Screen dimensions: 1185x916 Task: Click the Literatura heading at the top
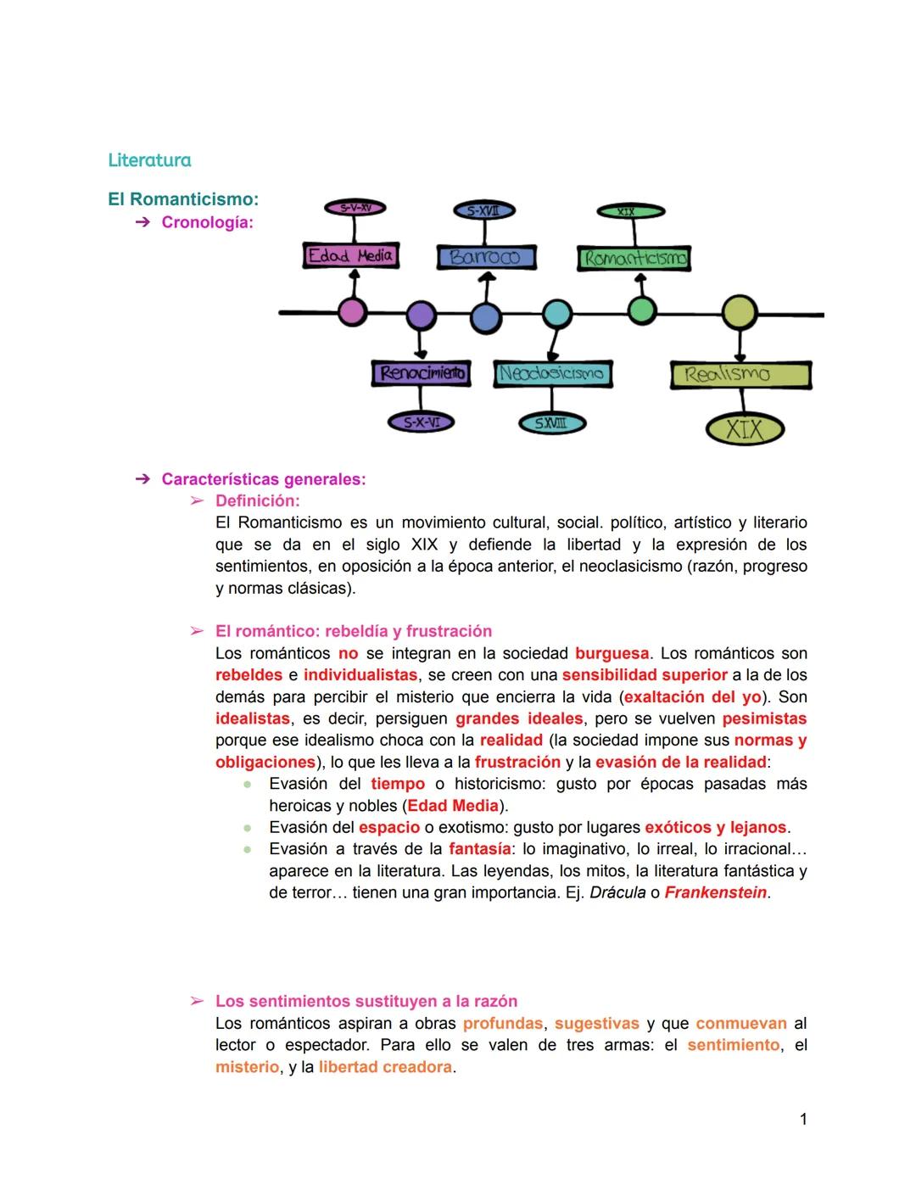(149, 159)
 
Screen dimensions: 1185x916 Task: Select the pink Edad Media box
(350, 255)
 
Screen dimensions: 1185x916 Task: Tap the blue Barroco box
(486, 257)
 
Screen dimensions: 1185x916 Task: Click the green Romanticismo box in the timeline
(634, 258)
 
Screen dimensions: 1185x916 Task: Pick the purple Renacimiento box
(421, 373)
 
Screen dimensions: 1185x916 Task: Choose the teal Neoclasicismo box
(552, 373)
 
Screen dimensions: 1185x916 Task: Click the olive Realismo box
(740, 374)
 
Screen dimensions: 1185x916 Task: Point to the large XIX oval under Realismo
(744, 428)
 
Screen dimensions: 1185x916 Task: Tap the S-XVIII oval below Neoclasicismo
(551, 422)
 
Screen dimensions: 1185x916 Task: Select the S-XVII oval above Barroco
(484, 210)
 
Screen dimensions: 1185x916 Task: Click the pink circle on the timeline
(353, 312)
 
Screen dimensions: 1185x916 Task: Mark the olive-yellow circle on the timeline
(740, 312)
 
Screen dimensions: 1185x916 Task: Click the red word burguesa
(612, 653)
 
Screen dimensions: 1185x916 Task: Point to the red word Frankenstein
(715, 892)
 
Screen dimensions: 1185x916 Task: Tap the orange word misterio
(247, 1067)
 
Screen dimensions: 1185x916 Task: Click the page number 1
(803, 1120)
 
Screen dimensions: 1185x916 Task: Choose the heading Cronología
(207, 222)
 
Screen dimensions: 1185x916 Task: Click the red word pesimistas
(764, 718)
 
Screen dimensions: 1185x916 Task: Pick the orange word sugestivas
(596, 1024)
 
